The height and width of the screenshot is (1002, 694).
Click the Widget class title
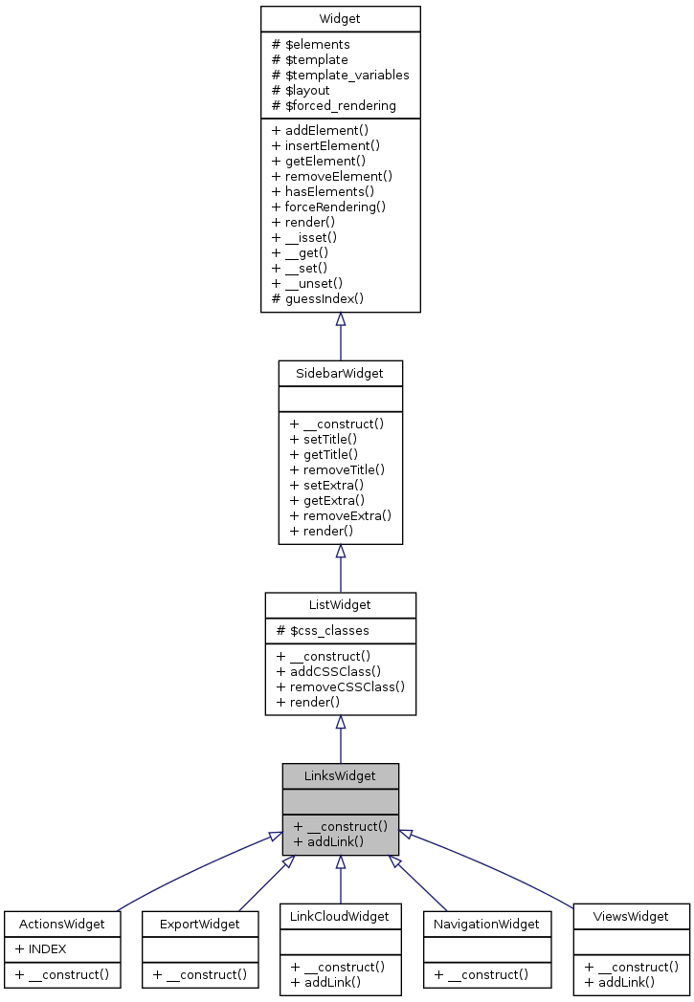click(x=340, y=19)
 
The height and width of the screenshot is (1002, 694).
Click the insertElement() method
click(x=325, y=145)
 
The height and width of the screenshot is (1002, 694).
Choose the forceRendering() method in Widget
click(x=328, y=207)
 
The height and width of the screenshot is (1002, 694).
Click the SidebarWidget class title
click(x=340, y=374)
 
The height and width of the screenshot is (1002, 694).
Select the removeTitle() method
click(x=336, y=469)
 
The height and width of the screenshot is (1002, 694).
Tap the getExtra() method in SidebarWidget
click(x=326, y=500)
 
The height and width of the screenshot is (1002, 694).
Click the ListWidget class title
click(x=340, y=605)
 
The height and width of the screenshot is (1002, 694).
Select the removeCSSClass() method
click(x=340, y=686)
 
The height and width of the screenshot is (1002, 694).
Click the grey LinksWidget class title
click(x=340, y=775)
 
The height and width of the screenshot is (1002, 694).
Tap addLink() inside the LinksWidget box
click(x=328, y=841)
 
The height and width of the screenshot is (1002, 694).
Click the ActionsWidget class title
click(x=62, y=924)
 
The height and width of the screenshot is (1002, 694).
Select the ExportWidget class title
click(x=200, y=924)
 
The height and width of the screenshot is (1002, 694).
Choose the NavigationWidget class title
click(x=486, y=924)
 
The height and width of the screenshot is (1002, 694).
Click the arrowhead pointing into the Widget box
click(x=340, y=319)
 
